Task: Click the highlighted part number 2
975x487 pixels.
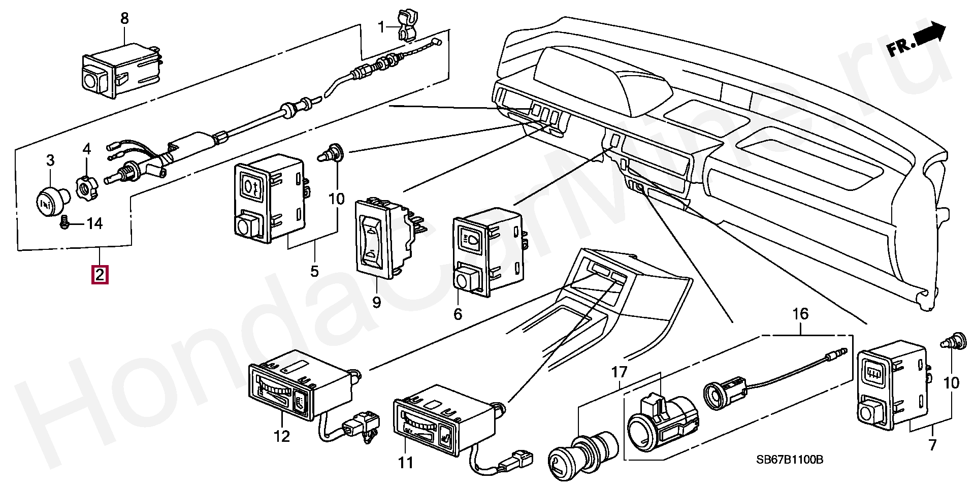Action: (99, 275)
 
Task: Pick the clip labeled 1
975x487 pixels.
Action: (406, 24)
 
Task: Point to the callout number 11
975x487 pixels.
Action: (406, 463)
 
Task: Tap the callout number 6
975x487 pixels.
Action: (458, 314)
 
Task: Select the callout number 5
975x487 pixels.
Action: (314, 270)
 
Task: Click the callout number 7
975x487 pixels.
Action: (932, 445)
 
